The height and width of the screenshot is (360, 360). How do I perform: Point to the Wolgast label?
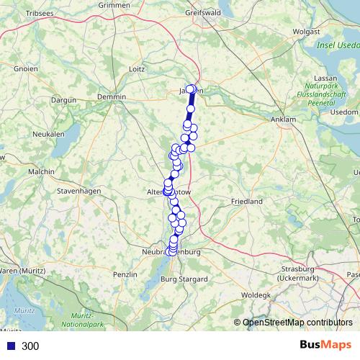point(306,32)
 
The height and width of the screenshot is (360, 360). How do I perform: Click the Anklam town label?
point(283,119)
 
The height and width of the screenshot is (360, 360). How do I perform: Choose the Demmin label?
point(112,96)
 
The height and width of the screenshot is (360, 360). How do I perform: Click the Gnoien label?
point(27,70)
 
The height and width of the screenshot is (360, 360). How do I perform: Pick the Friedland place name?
point(246,202)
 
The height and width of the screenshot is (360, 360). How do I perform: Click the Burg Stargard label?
point(184,279)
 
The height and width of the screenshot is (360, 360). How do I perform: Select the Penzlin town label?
point(125,275)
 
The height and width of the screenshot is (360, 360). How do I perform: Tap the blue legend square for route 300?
point(11,346)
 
